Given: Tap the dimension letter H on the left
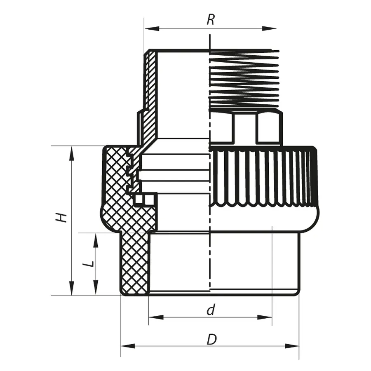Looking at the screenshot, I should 62,217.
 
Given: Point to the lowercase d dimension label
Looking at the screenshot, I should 211,310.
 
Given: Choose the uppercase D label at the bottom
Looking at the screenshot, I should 211,340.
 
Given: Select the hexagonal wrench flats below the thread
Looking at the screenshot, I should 245,128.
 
